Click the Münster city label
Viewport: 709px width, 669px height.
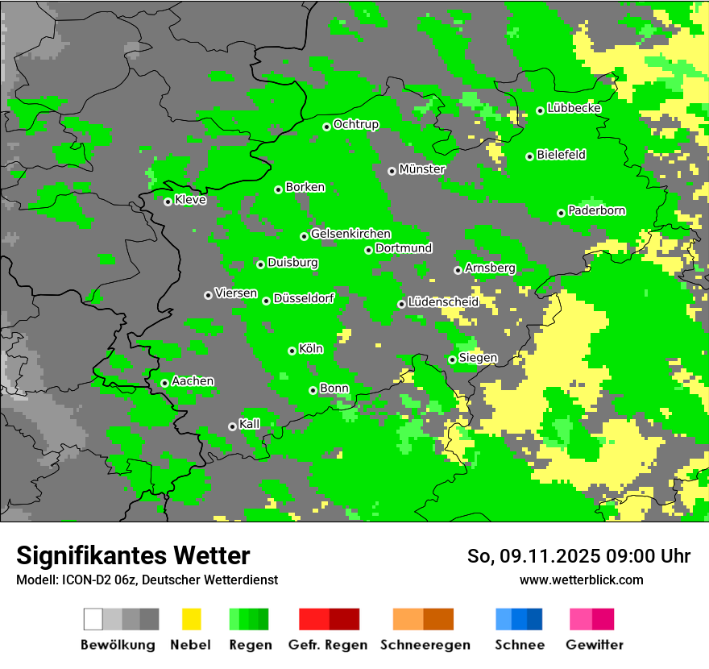(x=421, y=169)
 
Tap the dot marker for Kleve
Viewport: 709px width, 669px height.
(x=168, y=202)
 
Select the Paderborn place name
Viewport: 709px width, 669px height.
(x=596, y=211)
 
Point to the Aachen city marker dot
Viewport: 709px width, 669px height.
(x=164, y=383)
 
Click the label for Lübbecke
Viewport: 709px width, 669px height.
(x=574, y=108)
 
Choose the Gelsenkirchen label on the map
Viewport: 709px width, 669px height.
(x=350, y=234)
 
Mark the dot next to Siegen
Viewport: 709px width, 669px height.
(x=452, y=359)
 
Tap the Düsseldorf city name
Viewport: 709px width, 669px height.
(x=304, y=298)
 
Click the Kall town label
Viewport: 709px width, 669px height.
(x=250, y=424)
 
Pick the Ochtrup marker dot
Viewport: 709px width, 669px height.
(x=326, y=127)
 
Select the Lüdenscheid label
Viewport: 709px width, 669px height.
(x=443, y=302)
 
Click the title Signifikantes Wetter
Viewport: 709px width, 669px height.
(x=133, y=555)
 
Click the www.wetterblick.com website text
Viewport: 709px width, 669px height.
(x=581, y=580)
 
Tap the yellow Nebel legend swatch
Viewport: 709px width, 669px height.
(x=191, y=619)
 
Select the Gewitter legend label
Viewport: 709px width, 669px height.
(x=594, y=645)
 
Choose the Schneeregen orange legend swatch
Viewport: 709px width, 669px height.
(x=408, y=619)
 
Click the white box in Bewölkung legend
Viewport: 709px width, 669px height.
(x=93, y=619)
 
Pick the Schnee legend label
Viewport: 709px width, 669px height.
(x=520, y=645)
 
